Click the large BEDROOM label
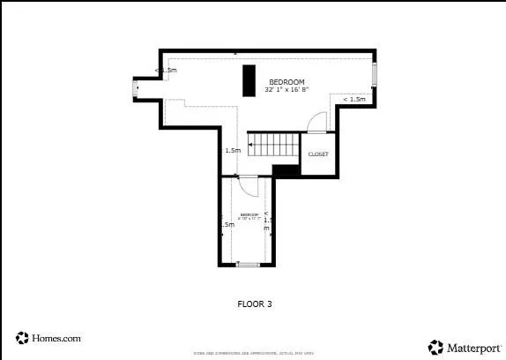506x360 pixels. [x=286, y=81]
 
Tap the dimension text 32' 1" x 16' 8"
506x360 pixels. [x=287, y=89]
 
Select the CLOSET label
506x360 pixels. [x=317, y=154]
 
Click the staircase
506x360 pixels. [x=274, y=145]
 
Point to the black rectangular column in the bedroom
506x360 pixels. [x=249, y=80]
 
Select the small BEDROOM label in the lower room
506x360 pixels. [x=249, y=214]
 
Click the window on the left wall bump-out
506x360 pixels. [x=135, y=87]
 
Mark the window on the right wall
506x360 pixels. [x=375, y=74]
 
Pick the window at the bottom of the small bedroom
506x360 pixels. [x=248, y=264]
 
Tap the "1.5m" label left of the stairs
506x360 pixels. [x=233, y=151]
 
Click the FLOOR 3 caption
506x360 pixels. [x=255, y=304]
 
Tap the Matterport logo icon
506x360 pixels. [x=435, y=347]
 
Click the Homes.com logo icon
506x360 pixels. [x=22, y=338]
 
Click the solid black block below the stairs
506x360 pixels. [x=286, y=171]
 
